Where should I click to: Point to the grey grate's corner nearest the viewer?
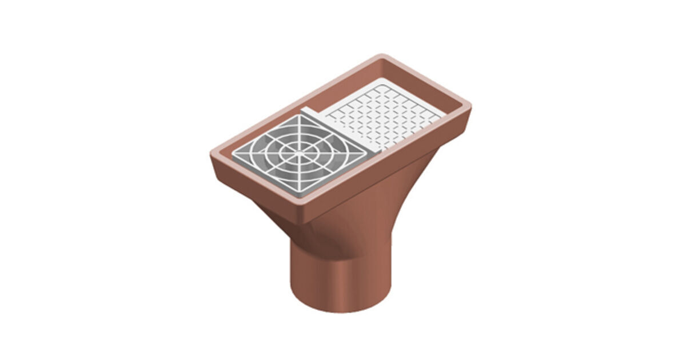(x=302, y=191)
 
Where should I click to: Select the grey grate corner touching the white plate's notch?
(x=301, y=113)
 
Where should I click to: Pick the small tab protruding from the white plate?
(x=312, y=110)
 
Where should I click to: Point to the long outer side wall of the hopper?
(x=389, y=171)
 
